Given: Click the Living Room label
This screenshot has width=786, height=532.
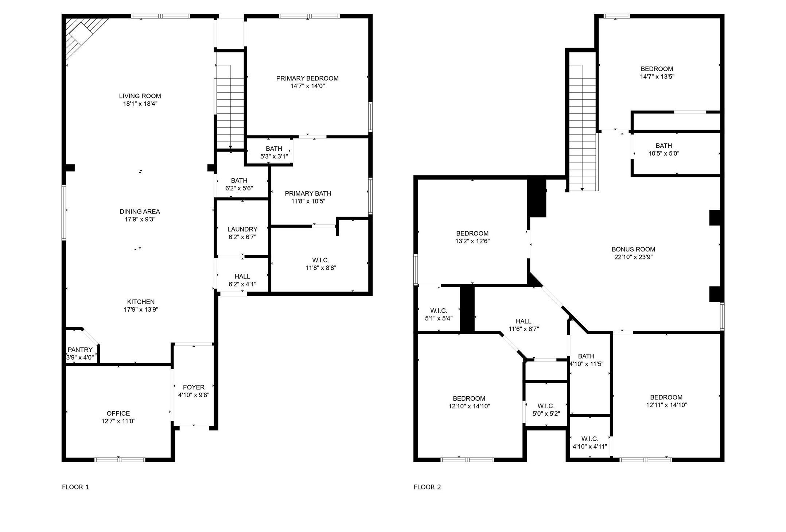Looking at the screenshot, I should click(140, 96).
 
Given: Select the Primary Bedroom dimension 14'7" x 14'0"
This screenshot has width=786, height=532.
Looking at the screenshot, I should click(307, 86).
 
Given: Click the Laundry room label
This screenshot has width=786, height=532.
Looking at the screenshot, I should click(242, 229).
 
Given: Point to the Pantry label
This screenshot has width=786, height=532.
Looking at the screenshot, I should click(80, 350).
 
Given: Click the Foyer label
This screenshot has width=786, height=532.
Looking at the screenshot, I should click(194, 387).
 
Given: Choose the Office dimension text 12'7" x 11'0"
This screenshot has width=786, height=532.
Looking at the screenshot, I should click(118, 421).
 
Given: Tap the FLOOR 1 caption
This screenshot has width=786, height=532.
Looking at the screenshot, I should click(75, 487).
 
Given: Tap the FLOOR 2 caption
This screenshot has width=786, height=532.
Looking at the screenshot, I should click(427, 487).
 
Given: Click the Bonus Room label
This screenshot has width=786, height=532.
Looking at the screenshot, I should click(633, 249).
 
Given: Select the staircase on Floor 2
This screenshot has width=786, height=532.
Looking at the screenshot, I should click(583, 128).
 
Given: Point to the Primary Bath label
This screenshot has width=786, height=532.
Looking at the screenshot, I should click(308, 193).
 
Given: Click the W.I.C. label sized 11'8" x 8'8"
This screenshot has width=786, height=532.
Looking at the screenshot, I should click(320, 260).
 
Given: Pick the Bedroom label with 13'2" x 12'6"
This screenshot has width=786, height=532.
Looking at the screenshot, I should click(472, 233).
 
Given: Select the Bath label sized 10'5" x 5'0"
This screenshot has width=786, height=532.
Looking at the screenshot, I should click(664, 146).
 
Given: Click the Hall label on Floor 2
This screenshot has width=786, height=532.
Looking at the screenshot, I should click(523, 321).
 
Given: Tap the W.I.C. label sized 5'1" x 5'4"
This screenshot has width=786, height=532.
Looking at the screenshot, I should click(439, 311).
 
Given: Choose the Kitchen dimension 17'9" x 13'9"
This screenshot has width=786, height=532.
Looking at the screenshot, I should click(141, 310).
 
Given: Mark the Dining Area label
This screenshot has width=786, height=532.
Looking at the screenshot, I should click(140, 211).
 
